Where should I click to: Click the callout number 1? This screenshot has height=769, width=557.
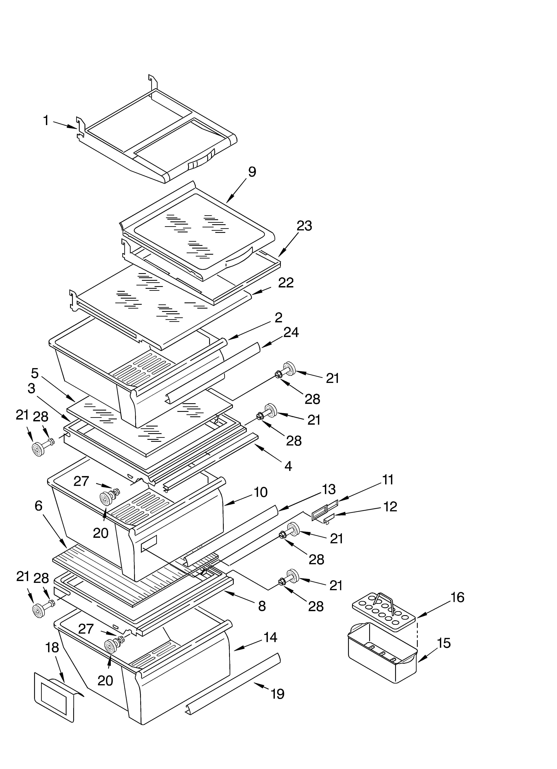(46, 121)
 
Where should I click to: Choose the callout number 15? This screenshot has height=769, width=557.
(444, 643)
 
